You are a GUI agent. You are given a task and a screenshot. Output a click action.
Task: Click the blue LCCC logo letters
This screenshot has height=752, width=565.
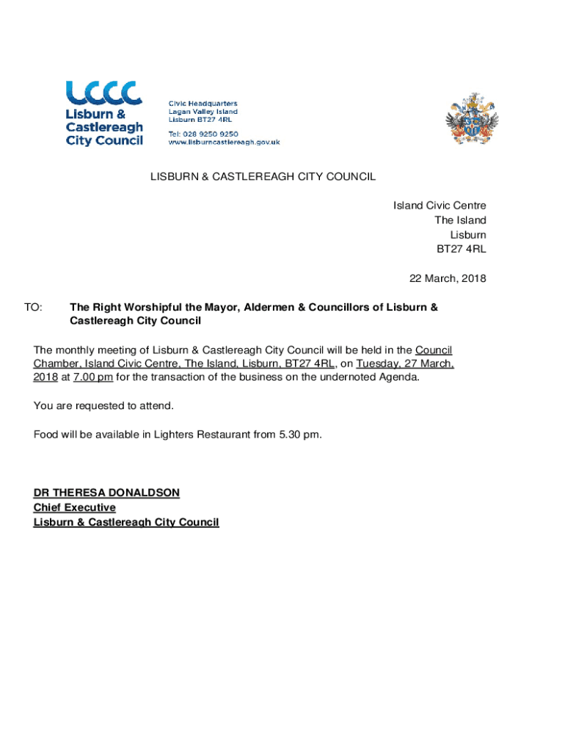(104, 93)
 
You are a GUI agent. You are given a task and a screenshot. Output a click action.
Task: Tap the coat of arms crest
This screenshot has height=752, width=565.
(472, 120)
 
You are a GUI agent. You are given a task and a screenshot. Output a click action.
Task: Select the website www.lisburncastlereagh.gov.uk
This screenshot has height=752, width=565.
(225, 142)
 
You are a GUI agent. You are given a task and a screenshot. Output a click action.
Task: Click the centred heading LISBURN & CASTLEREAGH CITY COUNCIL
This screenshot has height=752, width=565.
(263, 177)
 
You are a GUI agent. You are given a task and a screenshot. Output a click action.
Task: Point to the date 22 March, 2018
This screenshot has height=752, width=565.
(447, 279)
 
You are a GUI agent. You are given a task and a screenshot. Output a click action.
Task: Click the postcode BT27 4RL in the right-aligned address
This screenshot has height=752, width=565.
(462, 250)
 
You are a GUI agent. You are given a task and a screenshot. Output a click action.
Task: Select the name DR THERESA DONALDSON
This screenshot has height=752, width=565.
(106, 493)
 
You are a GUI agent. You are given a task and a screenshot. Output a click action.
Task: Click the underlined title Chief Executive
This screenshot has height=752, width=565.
(74, 507)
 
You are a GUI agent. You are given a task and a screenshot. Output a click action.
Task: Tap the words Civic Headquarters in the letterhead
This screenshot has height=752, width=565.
(203, 104)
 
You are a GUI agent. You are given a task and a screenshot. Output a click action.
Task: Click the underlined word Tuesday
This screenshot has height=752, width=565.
(379, 364)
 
